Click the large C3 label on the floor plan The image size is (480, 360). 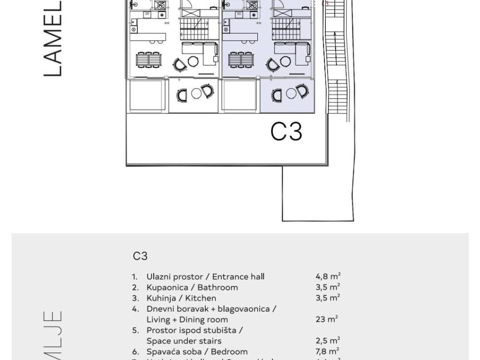pos(286,131)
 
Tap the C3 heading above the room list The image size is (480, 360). pos(140,256)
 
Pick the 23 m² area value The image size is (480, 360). pos(327,320)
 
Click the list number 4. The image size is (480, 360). pos(135,309)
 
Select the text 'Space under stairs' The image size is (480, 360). pos(184,341)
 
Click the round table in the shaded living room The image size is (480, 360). pos(285,61)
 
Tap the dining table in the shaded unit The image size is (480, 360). pos(241,60)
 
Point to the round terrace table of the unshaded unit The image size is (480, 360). pos(196,93)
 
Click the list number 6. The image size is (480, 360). pos(135,352)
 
